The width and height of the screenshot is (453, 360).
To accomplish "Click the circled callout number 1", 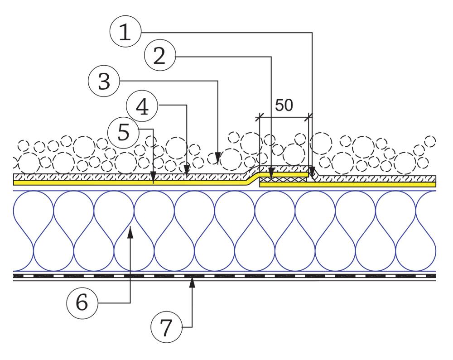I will [x=125, y=33].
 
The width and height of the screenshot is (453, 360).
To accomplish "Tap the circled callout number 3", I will [x=104, y=82].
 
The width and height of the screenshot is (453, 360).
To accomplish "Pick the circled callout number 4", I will [x=142, y=106].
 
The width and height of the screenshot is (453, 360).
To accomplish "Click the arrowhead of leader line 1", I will [x=312, y=173].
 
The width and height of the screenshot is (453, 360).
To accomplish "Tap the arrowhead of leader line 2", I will [x=271, y=173].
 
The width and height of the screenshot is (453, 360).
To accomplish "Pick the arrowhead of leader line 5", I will [x=153, y=180].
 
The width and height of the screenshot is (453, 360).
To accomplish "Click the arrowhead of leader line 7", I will [x=193, y=283].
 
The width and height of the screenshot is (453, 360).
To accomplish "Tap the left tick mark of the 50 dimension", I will [x=259, y=117].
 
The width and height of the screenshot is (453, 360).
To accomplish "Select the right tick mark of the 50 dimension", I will [x=309, y=117].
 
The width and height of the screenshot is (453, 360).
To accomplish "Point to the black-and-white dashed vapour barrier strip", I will [x=226, y=275].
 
